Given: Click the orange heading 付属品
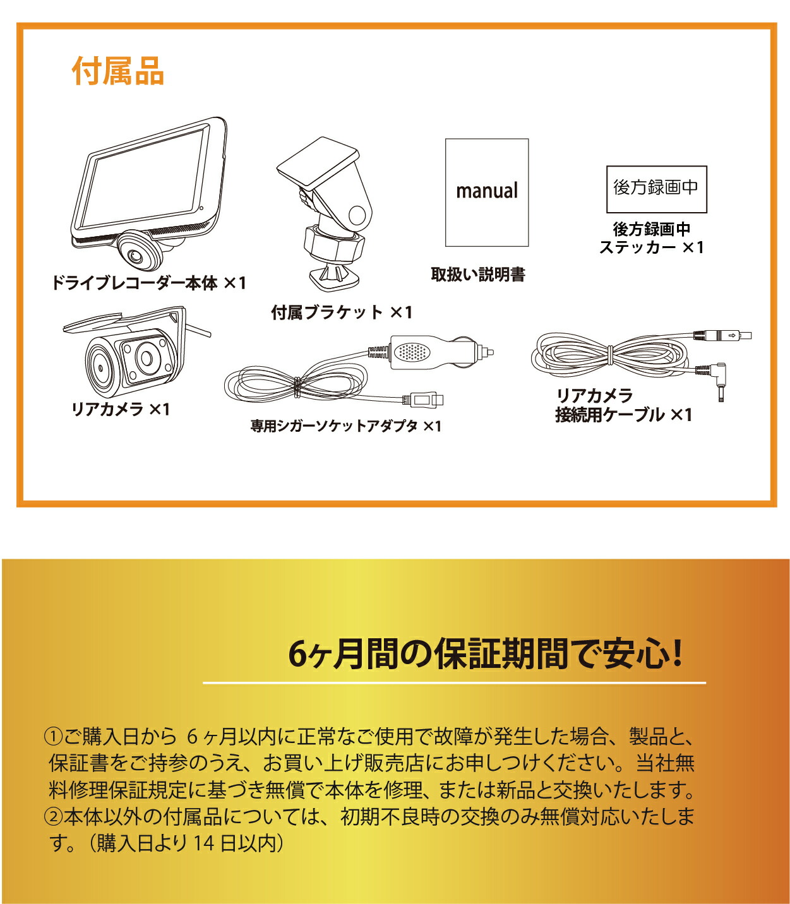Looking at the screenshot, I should click(118, 71).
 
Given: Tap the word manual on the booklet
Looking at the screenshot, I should click(486, 191).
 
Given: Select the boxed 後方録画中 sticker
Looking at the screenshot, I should click(656, 189).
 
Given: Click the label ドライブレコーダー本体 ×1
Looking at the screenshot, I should click(148, 283).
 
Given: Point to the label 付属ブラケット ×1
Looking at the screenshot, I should click(342, 312).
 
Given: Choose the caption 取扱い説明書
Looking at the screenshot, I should click(478, 275).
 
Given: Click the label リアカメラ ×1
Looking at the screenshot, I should click(121, 409).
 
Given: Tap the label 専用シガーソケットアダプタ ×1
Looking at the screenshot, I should click(345, 426).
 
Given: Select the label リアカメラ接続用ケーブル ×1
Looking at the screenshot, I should click(623, 405).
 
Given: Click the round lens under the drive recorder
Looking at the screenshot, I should click(135, 255).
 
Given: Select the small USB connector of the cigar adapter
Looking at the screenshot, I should click(427, 399).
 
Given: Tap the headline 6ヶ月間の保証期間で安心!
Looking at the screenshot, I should click(485, 654).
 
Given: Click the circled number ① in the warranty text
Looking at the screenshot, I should click(53, 736).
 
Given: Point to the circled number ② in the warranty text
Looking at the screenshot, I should click(53, 816).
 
